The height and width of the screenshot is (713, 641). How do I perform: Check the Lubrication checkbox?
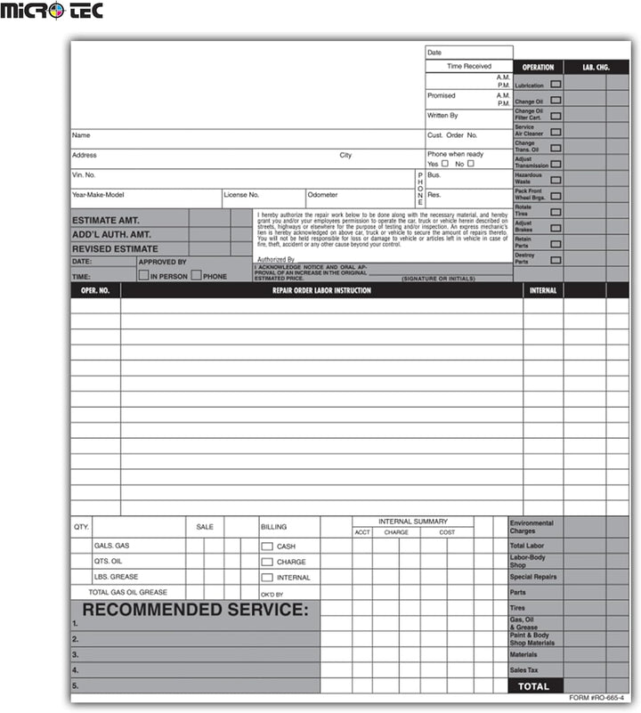click(556, 84)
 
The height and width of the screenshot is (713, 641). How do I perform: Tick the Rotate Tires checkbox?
click(556, 212)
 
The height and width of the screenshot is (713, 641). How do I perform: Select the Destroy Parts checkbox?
click(556, 260)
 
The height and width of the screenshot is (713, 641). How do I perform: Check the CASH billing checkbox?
click(266, 547)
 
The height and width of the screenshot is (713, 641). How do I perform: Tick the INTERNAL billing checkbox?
click(266, 578)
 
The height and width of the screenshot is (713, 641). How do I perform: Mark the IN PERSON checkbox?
click(143, 276)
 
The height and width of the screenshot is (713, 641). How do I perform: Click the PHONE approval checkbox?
click(196, 276)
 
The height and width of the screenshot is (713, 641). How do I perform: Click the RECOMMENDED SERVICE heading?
click(195, 610)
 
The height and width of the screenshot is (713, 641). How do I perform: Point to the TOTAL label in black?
click(535, 686)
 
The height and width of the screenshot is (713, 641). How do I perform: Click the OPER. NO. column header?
click(95, 290)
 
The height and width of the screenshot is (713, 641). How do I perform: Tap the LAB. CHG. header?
click(596, 67)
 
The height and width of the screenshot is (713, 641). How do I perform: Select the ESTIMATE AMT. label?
click(106, 220)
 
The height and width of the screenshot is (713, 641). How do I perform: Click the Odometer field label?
click(322, 194)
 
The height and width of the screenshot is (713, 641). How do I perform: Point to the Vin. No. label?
click(84, 175)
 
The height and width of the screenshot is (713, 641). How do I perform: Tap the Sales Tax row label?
click(523, 669)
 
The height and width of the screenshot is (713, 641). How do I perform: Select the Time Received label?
click(468, 66)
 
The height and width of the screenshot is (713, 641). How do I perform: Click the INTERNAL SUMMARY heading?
click(413, 522)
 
